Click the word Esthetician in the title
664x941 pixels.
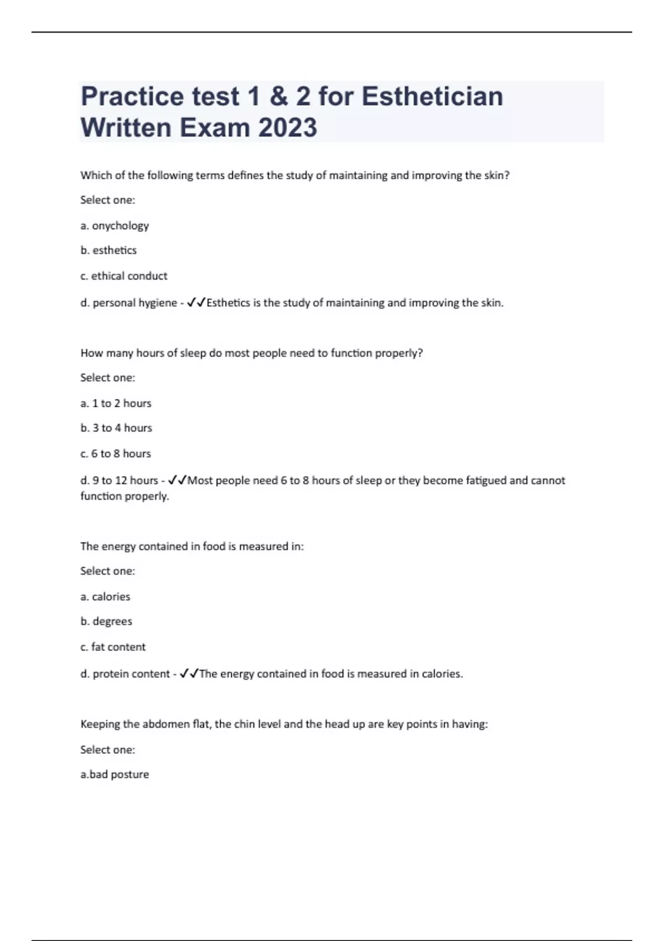tap(432, 96)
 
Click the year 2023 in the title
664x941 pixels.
tap(287, 128)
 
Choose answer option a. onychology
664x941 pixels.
tap(115, 226)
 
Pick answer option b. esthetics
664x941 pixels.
tap(108, 250)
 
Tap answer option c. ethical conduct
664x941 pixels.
tap(123, 276)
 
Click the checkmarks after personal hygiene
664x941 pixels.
tap(196, 303)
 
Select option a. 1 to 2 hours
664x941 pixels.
tap(116, 404)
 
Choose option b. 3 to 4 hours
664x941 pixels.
tap(116, 428)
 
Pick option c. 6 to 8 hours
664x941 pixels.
tap(116, 454)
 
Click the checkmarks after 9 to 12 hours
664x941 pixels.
tap(178, 480)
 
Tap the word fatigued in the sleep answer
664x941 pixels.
tap(486, 480)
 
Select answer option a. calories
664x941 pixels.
tap(105, 597)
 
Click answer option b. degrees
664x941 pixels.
tap(106, 622)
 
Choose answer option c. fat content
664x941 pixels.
tap(113, 647)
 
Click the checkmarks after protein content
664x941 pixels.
tap(189, 674)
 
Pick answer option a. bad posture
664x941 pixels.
tap(115, 774)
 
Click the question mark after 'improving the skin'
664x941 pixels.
tap(506, 175)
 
